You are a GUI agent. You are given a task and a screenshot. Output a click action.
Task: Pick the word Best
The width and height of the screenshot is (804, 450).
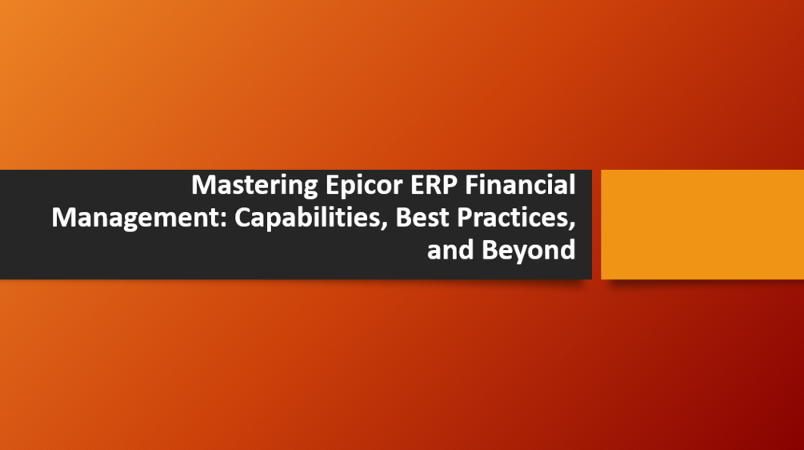(422, 218)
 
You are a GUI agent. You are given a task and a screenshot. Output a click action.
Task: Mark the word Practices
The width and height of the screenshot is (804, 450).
(512, 218)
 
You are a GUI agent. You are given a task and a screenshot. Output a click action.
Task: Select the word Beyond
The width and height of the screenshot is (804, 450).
(528, 250)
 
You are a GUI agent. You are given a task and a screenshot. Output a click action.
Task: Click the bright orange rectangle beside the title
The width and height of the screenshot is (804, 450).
(702, 224)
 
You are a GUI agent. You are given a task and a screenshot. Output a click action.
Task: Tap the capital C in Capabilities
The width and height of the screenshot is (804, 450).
(242, 218)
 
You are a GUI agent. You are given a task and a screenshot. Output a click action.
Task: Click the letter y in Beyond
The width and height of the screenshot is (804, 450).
(516, 252)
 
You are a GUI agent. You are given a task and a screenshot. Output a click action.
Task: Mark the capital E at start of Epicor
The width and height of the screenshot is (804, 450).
(332, 186)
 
